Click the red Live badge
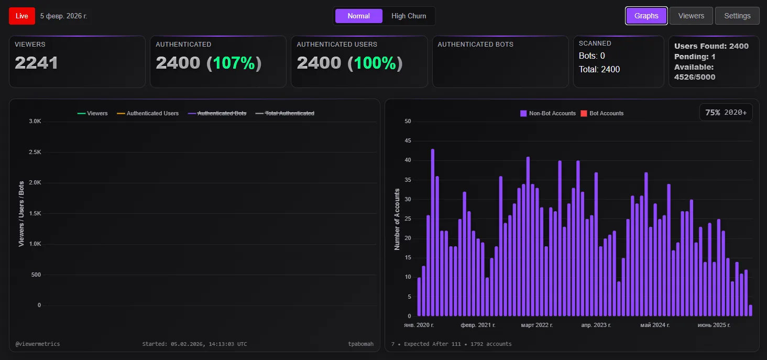pos(22,16)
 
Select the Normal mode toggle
pos(358,16)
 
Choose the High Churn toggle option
pos(409,16)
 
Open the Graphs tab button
pos(646,16)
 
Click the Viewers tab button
pos(691,16)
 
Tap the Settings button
pos(737,16)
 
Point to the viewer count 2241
pos(36,63)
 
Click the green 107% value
pos(234,63)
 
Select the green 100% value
pos(375,63)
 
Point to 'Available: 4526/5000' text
pos(694,72)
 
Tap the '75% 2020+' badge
pos(726,112)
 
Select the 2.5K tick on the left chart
pos(35,152)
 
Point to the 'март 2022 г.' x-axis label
pos(536,325)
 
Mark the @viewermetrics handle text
pos(38,344)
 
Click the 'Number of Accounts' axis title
pos(397,219)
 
